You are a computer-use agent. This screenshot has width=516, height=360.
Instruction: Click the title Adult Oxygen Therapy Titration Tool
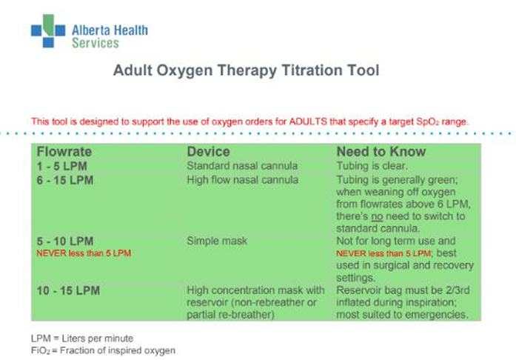[x=246, y=71]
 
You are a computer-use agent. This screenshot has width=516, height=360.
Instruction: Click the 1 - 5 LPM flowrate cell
[x=61, y=167]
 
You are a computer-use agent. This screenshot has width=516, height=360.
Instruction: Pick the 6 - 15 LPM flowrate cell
[x=64, y=180]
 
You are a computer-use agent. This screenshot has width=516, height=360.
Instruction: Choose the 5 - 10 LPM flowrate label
[x=64, y=241]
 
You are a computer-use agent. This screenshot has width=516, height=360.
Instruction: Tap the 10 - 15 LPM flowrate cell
[x=67, y=290]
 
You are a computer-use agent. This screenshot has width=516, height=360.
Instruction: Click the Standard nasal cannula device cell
[x=242, y=166]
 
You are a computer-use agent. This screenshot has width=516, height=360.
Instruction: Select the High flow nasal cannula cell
[x=243, y=180]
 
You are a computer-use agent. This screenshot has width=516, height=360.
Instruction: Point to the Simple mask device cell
[x=216, y=241]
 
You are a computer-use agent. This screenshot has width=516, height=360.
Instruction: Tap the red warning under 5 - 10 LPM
[x=83, y=253]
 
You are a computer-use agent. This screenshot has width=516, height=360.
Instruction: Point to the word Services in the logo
[x=95, y=43]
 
